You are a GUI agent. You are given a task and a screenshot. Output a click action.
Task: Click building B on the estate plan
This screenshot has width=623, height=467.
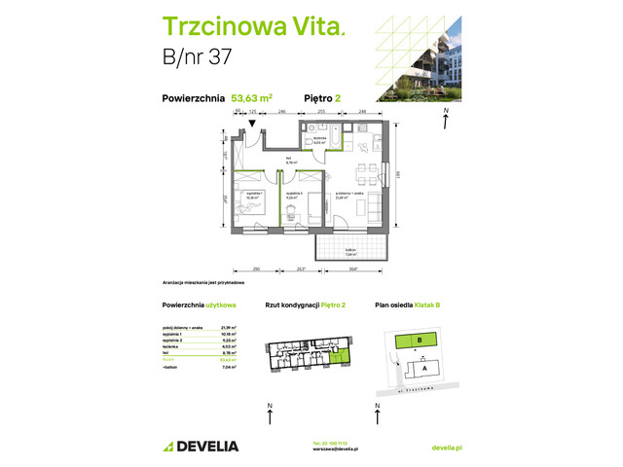click(x=419, y=340)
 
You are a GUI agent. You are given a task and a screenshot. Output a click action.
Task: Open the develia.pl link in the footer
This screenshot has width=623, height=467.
click(x=446, y=446)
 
